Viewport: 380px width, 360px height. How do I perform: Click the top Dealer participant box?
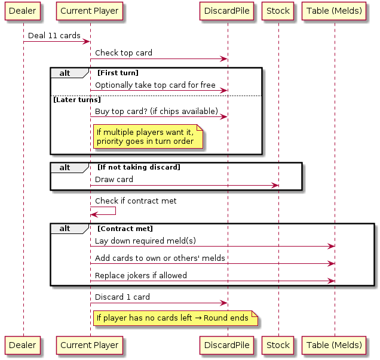point(23,11)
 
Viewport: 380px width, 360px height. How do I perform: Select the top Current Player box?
point(90,11)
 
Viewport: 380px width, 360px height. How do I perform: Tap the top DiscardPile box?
point(227,11)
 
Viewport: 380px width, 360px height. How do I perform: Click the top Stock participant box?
point(278,11)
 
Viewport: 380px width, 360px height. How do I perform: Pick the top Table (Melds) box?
point(335,11)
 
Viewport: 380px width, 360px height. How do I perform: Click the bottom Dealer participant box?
point(23,344)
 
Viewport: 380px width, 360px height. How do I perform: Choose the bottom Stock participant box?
point(278,344)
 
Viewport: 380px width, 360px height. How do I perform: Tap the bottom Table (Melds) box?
point(335,344)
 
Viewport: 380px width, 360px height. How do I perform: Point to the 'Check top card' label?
point(124,53)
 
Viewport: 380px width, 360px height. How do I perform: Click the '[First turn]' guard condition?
point(118,73)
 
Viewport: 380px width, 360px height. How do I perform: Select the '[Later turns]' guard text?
point(77,100)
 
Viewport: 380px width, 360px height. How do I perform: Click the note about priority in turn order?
point(148,137)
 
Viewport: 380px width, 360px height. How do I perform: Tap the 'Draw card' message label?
point(114,179)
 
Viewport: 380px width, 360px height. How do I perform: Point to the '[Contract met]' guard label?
point(125,229)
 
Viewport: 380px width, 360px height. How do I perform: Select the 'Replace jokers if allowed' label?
point(141,276)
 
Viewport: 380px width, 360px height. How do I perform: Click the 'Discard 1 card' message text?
point(122,297)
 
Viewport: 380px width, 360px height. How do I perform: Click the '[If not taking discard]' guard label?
point(139,167)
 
